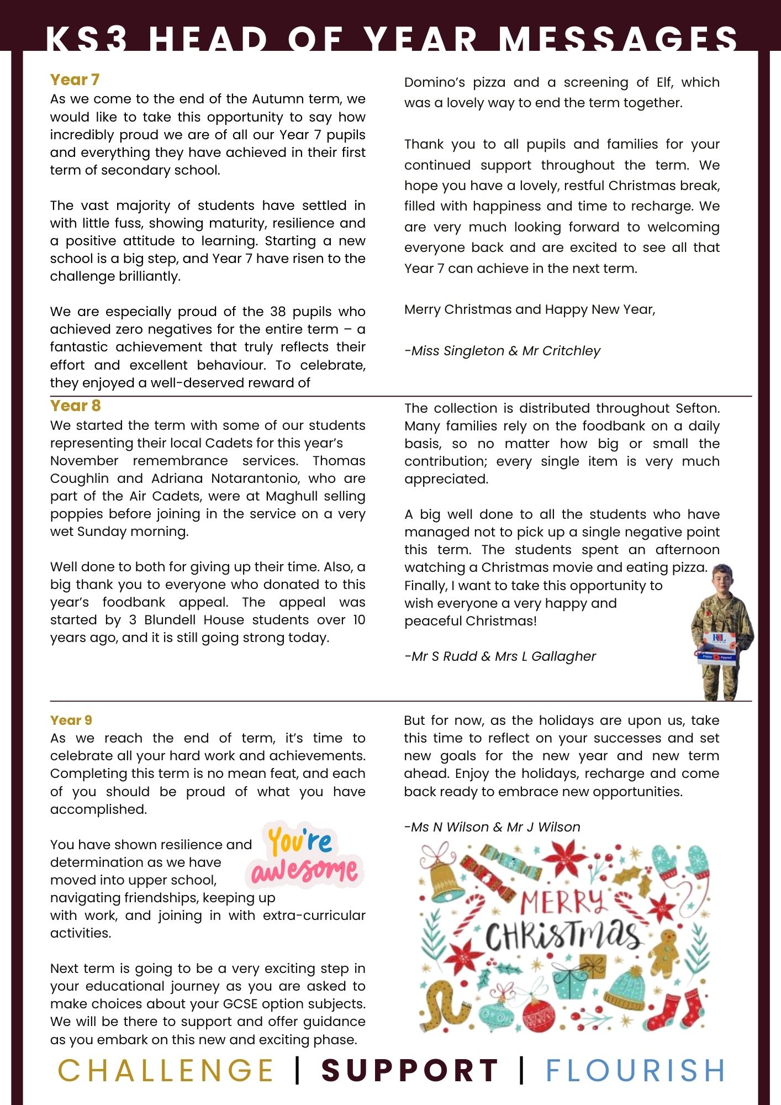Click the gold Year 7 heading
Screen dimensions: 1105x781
tap(75, 80)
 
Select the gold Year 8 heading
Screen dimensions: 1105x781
tap(75, 406)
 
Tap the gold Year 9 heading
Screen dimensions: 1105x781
tap(71, 720)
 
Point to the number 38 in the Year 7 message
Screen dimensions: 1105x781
tap(278, 312)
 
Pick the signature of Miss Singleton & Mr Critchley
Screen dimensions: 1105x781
tap(502, 351)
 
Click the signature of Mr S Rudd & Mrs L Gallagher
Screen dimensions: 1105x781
tap(500, 656)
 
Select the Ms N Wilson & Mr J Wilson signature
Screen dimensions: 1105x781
tap(492, 827)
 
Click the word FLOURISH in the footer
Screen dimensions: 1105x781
tap(635, 1070)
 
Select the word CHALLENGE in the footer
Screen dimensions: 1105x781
tap(166, 1070)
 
